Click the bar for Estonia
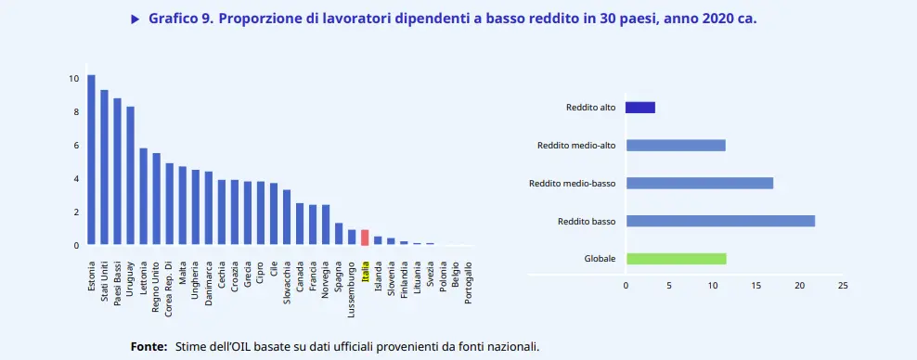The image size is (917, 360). point(91,160)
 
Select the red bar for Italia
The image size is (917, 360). point(365,238)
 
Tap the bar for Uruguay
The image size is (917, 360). point(130,175)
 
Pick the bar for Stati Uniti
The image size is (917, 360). point(104,167)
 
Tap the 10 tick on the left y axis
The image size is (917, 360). point(73,78)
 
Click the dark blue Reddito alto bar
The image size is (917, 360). point(640,108)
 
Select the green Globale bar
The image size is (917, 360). point(676,259)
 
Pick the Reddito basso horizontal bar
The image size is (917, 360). point(720,221)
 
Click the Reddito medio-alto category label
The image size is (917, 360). point(576,146)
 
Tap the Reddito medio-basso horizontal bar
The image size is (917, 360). point(699,183)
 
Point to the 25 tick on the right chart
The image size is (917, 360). point(843,285)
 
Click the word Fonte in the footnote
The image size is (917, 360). point(149,346)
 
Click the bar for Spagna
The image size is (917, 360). point(339,234)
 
